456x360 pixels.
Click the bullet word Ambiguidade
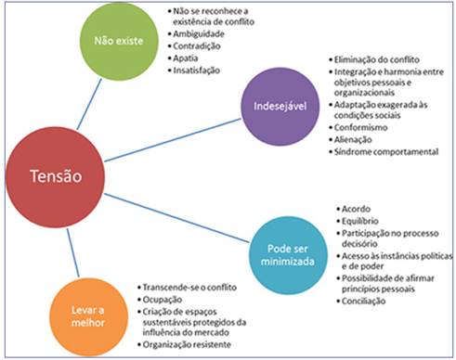pyautogui.click(x=198, y=32)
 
